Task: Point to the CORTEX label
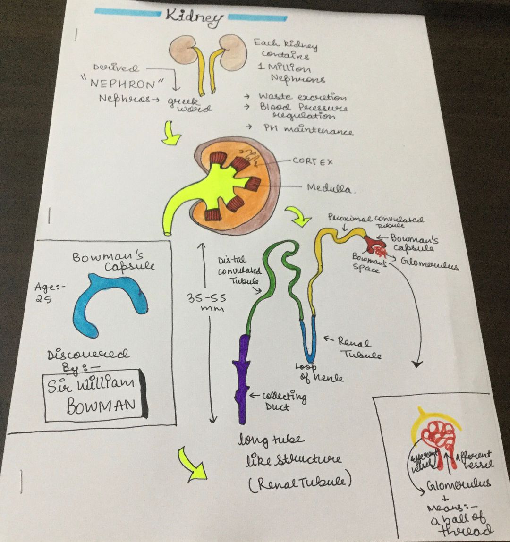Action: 313,161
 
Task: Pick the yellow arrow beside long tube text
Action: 192,465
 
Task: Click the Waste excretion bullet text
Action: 302,97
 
